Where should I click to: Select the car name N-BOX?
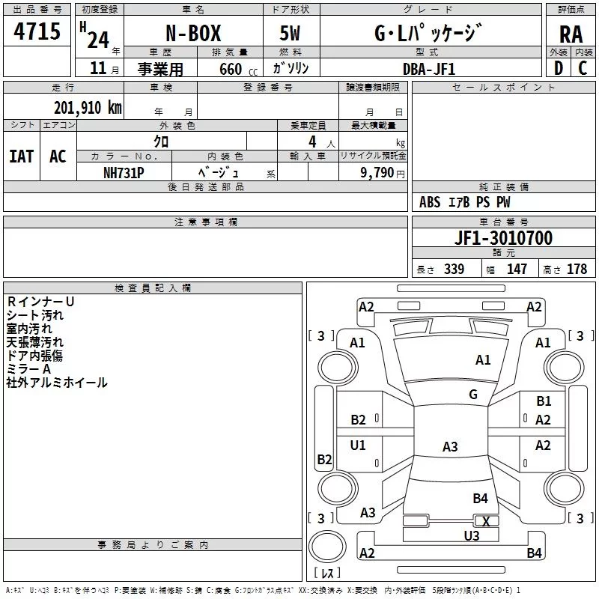point(192,34)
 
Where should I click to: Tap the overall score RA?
point(571,34)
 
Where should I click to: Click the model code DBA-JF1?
point(428,68)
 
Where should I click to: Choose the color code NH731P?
point(124,171)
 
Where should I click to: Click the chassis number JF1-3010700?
point(503,238)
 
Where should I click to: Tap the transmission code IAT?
point(21,156)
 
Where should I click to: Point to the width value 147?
point(517,270)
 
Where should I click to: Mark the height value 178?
point(577,270)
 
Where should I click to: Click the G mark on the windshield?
point(473,395)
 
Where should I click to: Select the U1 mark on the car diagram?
point(358,446)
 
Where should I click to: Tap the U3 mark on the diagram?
point(471,535)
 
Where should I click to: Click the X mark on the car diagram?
point(486,522)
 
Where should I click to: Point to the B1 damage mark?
point(544,402)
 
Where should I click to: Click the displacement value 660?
point(230,69)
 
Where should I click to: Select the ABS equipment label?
point(430,202)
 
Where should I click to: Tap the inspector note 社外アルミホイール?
point(57,383)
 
